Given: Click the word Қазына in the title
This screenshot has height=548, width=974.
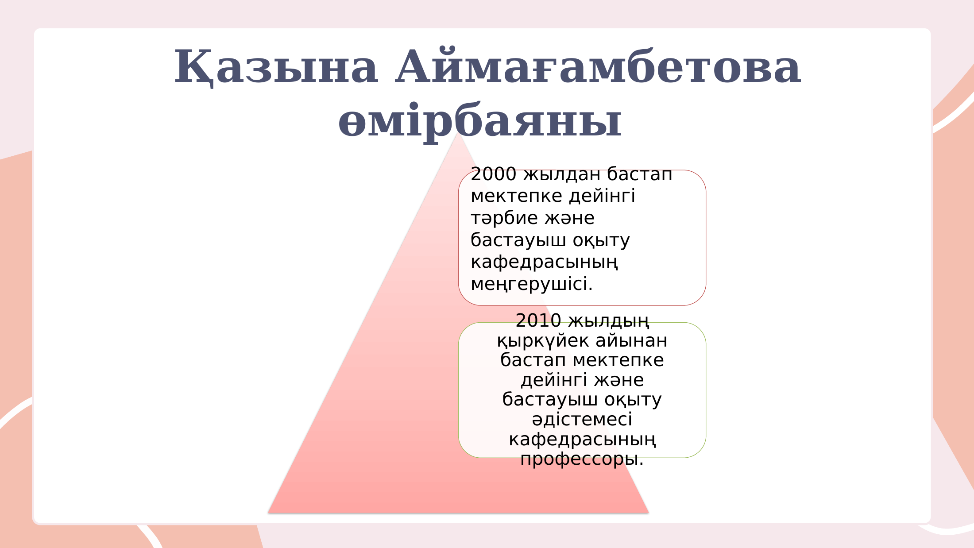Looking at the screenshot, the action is coord(276,67).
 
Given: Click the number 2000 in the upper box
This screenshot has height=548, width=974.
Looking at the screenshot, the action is coord(494,174).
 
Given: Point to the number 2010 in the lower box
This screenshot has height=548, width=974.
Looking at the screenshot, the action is coord(538,320).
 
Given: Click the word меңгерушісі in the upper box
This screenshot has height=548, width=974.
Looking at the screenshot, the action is coord(531,284).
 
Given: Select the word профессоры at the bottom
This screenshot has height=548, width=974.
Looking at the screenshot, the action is coord(582,459).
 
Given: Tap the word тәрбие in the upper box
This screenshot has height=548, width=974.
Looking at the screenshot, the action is coord(504,218).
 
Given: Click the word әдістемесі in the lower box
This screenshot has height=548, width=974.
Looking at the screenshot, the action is coord(582,420).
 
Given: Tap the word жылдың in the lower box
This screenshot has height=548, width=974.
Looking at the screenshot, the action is coord(609,321).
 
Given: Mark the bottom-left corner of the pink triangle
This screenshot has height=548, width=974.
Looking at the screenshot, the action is coord(268,513).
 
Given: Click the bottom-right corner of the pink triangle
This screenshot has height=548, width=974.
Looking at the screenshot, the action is coord(649,513).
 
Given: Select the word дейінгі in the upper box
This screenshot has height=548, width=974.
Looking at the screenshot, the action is coord(602,196).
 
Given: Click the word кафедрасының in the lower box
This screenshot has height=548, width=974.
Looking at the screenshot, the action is coord(582,440).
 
